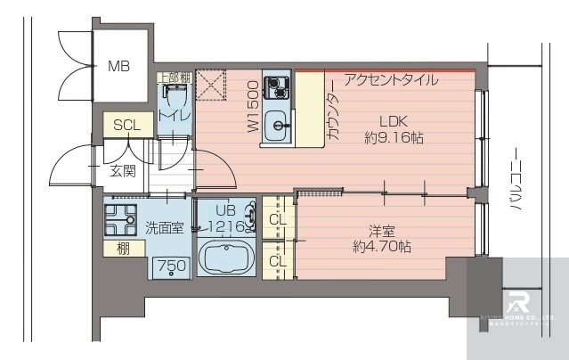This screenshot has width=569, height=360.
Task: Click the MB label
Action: coord(118,66)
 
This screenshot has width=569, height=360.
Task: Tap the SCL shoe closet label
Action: coord(126,126)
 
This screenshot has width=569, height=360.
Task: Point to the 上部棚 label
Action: coord(175,78)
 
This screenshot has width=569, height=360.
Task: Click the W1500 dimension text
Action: coord(253,108)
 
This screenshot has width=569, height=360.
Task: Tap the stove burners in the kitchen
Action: coord(279,88)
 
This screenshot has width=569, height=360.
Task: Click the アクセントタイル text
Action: coord(390,79)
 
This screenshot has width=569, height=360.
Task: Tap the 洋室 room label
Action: coord(381,228)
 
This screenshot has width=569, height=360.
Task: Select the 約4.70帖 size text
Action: coord(381,245)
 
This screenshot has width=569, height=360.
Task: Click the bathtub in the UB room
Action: coord(226,259)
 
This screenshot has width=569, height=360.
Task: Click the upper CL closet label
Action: coord(276,218)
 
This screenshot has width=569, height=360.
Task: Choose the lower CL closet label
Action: coord(276,260)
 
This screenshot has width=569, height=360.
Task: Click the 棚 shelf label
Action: coord(122,249)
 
